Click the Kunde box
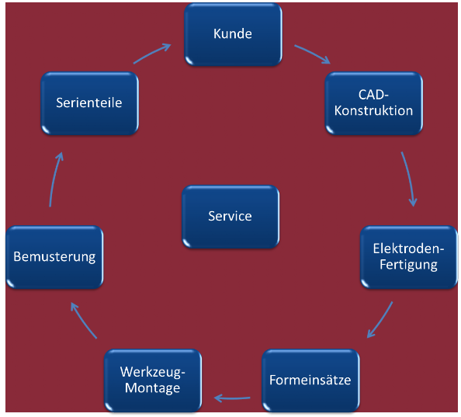(x=233, y=34)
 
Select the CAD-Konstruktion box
(x=373, y=103)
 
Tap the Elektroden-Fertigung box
(x=409, y=257)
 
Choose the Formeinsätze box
(x=310, y=381)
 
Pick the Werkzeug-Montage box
(x=153, y=381)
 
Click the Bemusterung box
(x=54, y=257)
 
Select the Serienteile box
(x=90, y=103)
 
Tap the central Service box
(x=230, y=217)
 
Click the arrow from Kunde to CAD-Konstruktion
(x=313, y=54)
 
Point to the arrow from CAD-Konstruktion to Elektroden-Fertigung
(x=410, y=179)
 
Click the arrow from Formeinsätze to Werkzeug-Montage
(x=232, y=398)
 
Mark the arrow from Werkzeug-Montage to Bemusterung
(x=83, y=320)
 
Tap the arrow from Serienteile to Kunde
(x=153, y=53)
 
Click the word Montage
(x=153, y=388)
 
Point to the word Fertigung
(x=408, y=265)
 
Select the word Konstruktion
(x=373, y=111)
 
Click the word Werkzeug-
(x=153, y=372)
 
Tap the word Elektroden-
(x=408, y=248)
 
